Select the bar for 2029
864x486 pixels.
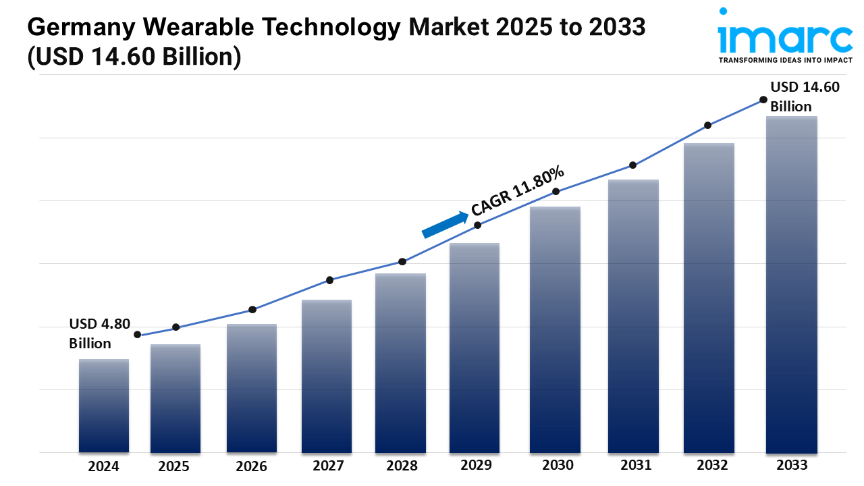pos(475,348)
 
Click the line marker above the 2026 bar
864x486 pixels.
pos(252,310)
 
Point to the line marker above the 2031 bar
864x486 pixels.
pos(633,165)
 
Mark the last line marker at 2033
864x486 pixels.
pos(763,99)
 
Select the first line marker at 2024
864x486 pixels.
pos(138,335)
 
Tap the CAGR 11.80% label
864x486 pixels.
pos(518,191)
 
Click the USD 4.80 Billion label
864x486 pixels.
pos(99,333)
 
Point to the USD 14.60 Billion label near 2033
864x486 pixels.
pos(805,97)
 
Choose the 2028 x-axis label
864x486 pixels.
pos(402,466)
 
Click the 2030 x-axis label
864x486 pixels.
pos(557,465)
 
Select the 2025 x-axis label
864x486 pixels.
pos(174,466)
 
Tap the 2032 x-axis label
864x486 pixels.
pos(712,465)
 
